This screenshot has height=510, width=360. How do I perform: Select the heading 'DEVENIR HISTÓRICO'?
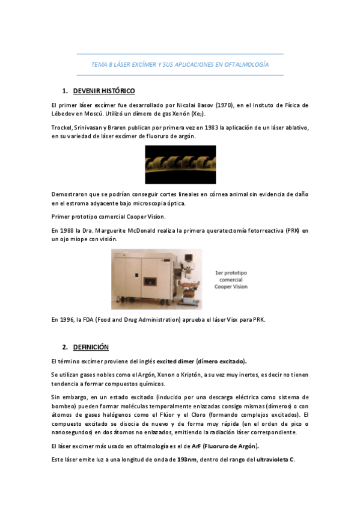(103, 91)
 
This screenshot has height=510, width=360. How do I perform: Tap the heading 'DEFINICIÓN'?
(91, 348)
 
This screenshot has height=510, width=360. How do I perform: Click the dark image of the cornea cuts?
(180, 164)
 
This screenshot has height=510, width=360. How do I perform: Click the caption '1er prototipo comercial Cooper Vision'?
(231, 280)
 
